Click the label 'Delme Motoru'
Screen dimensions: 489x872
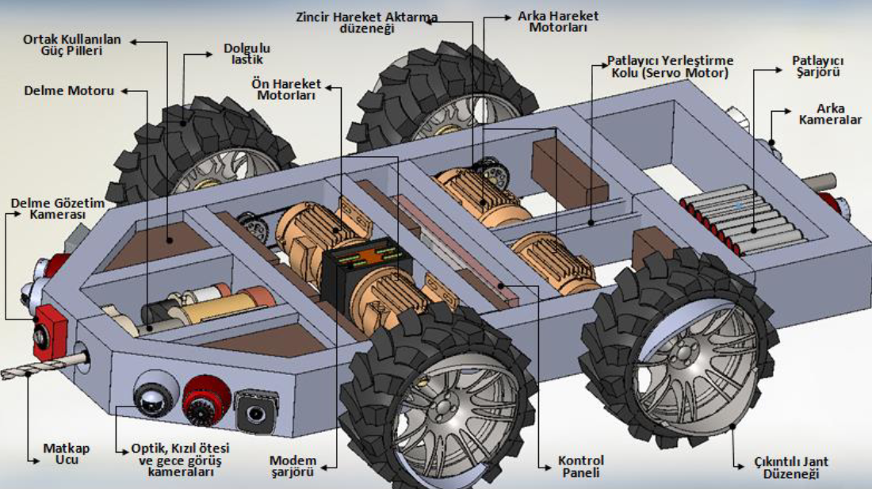point(68,91)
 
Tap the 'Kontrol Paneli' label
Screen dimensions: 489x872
point(580,467)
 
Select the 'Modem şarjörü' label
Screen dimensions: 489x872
point(293,467)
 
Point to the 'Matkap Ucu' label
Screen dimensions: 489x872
point(67,454)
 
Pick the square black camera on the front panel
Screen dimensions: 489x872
point(254,409)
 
